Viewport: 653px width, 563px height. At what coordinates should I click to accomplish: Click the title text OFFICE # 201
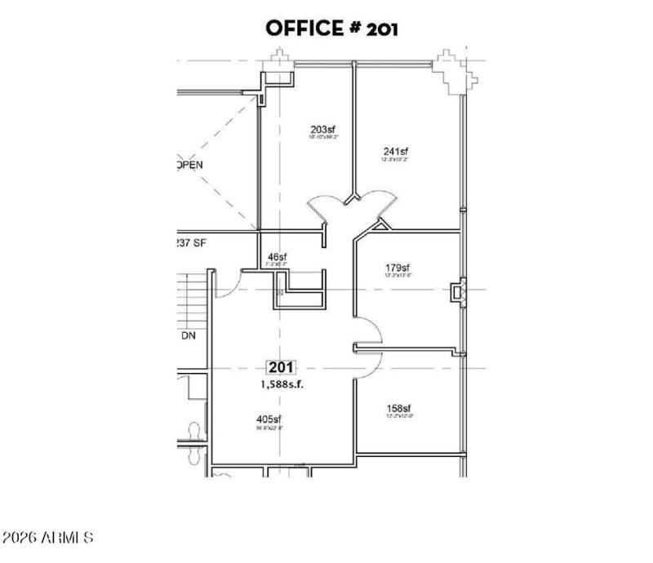(331, 29)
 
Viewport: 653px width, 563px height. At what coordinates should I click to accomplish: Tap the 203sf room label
(323, 129)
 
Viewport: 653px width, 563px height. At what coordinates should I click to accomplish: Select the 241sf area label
(395, 151)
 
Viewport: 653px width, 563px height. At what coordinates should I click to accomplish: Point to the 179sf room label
(397, 267)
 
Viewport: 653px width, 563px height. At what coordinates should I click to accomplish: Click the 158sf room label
(398, 408)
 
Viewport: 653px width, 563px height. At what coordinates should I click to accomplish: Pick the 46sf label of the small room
(278, 257)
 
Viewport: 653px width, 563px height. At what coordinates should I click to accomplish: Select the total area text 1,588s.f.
(282, 385)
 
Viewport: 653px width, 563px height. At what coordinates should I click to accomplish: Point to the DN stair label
(188, 335)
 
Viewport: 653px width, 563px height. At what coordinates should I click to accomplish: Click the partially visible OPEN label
(189, 164)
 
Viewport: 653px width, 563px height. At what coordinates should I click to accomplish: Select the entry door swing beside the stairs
(228, 282)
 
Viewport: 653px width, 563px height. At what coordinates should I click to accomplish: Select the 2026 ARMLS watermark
(49, 539)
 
